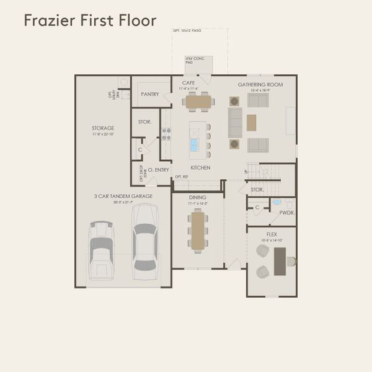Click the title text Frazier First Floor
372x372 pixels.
point(90,20)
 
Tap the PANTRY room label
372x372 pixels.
point(150,94)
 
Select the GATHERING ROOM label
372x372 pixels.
point(260,84)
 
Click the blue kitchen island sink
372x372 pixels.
point(194,144)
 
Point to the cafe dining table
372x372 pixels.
point(199,101)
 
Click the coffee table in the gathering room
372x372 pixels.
point(251,123)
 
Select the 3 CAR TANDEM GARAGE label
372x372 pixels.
point(123,196)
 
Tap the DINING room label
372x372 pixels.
point(198,198)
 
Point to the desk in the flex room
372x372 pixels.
point(280,261)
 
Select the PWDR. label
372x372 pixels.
point(286,212)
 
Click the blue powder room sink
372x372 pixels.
point(277,202)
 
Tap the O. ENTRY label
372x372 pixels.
point(158,169)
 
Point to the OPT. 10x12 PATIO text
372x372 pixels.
point(200,30)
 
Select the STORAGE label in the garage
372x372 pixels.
point(103,128)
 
